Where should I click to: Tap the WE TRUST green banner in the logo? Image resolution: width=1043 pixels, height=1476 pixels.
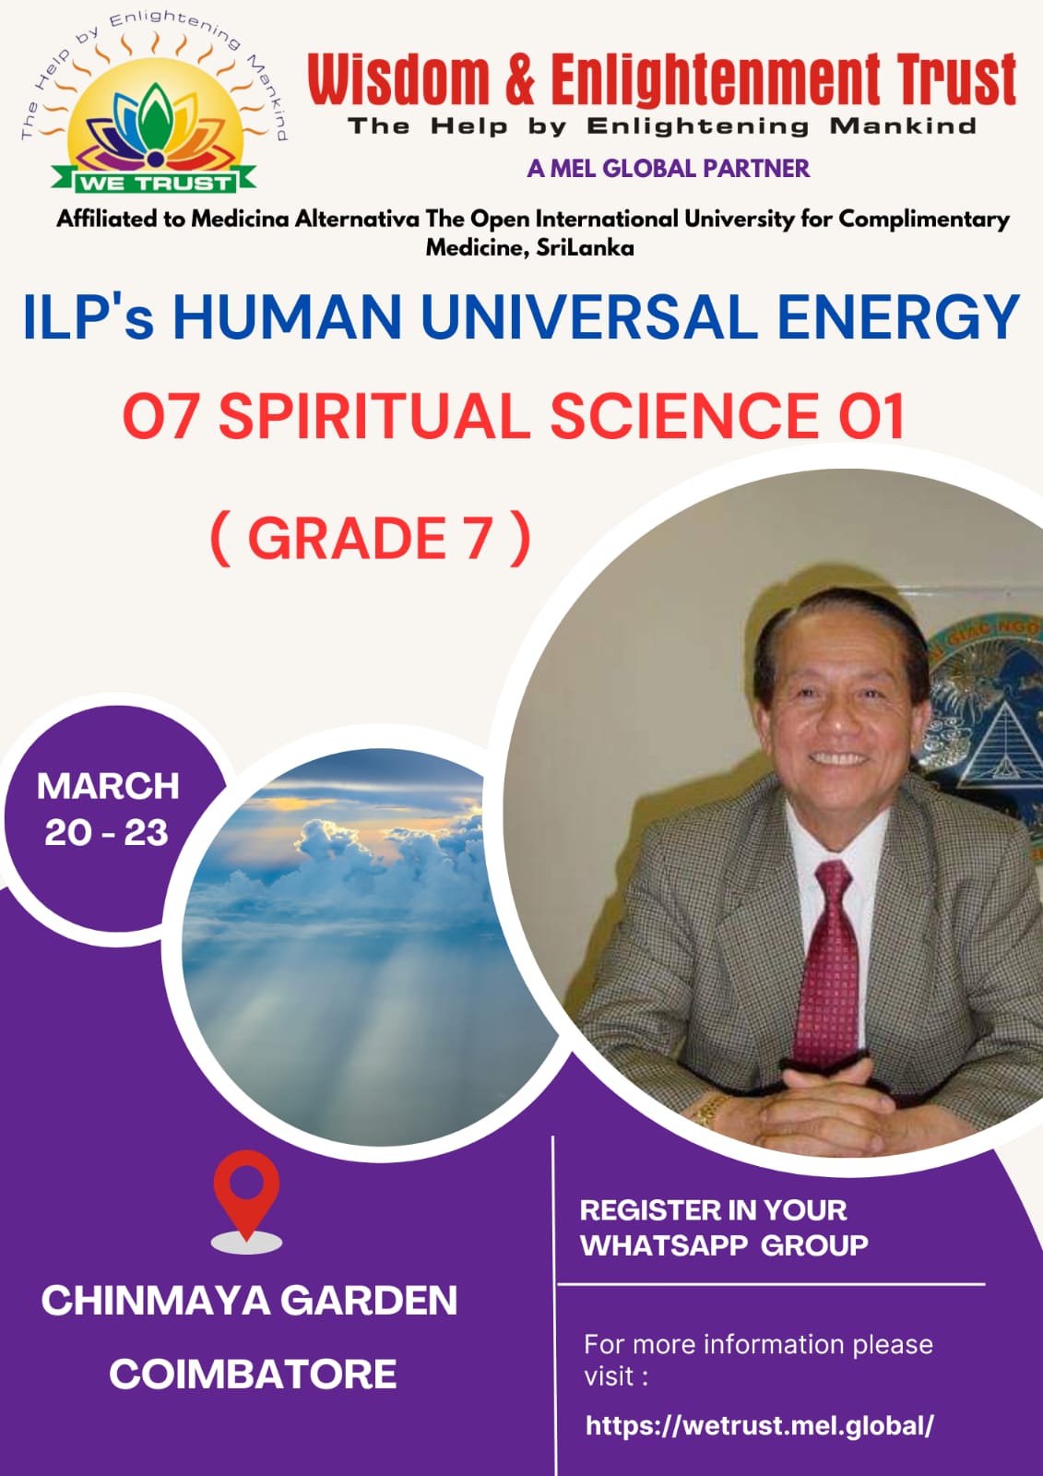click(x=154, y=181)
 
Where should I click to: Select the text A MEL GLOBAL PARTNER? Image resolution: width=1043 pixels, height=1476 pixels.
click(x=668, y=169)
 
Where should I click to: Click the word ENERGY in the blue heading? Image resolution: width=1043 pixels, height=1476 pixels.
click(x=898, y=317)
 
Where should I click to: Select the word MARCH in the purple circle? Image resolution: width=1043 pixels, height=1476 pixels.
click(x=108, y=786)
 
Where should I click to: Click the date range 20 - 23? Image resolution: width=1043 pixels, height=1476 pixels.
click(x=107, y=833)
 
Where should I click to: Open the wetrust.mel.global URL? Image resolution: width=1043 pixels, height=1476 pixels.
click(x=760, y=1426)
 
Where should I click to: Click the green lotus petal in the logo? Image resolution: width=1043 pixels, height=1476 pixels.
click(x=154, y=115)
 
